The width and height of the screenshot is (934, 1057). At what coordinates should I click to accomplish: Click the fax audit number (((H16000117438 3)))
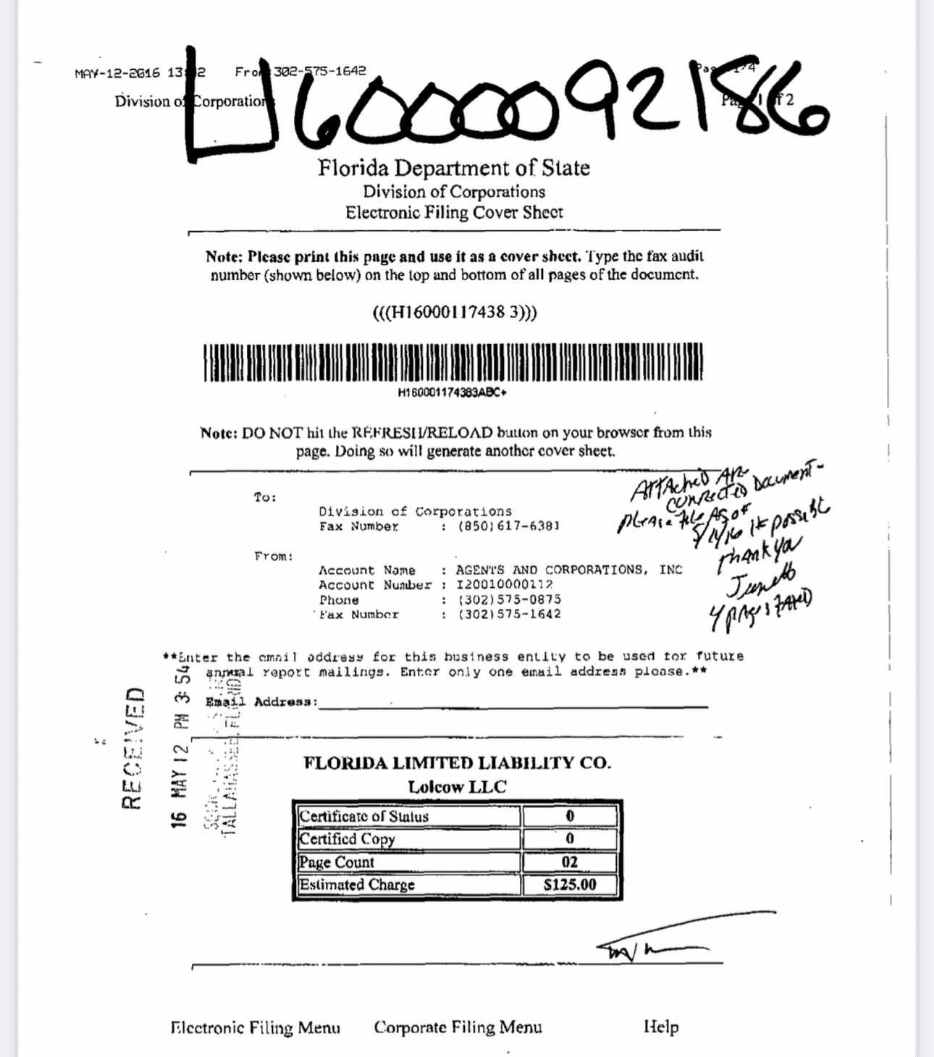[454, 313]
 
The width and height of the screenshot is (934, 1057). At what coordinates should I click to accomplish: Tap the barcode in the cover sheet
[453, 362]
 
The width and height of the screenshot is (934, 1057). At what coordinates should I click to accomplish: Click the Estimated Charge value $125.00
[570, 885]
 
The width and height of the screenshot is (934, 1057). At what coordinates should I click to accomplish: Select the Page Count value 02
[570, 862]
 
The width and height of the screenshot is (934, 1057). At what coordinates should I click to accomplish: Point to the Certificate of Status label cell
[408, 817]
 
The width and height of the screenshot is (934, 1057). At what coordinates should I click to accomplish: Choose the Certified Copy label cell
[408, 839]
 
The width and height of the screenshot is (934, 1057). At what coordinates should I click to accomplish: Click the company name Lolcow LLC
[457, 787]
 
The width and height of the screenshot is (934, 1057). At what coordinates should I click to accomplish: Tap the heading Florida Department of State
[453, 168]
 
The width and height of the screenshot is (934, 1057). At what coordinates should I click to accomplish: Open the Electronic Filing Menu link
[255, 1027]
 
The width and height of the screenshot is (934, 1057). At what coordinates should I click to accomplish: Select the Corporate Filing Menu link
[458, 1027]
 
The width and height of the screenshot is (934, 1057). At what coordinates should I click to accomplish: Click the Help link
[661, 1027]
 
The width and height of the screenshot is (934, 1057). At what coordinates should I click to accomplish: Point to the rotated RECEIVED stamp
[134, 747]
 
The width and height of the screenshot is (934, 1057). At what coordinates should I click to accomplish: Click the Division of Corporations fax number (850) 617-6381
[509, 526]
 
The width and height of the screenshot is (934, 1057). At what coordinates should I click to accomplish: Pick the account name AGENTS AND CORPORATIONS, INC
[569, 570]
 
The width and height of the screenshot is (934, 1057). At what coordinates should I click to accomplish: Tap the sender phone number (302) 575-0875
[509, 599]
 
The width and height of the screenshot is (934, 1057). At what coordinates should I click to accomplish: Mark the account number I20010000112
[505, 584]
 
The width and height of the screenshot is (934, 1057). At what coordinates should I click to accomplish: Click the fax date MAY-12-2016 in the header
[117, 73]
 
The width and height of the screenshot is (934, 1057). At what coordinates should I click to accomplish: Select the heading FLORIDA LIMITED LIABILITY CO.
[457, 763]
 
